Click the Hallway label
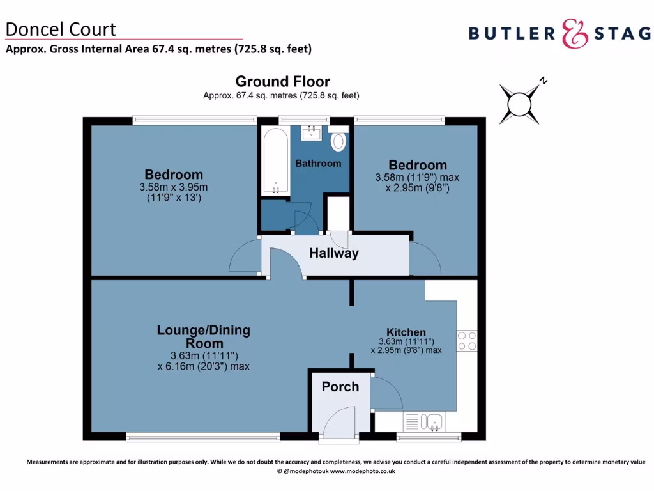(x=334, y=253)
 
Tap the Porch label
(x=340, y=387)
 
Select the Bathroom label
(x=318, y=163)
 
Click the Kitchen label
(x=406, y=332)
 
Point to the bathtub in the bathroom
(x=275, y=161)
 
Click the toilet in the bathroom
(x=338, y=141)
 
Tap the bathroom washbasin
(x=310, y=132)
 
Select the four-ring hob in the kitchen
(x=467, y=340)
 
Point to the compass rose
(x=519, y=104)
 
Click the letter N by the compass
(x=544, y=81)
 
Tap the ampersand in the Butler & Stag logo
(x=575, y=33)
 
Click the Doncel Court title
(x=61, y=29)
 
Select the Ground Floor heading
(x=282, y=82)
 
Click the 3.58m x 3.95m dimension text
(x=174, y=187)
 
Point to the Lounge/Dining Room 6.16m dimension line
(x=203, y=366)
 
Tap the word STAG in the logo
(x=622, y=33)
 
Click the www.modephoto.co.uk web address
(x=362, y=471)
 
